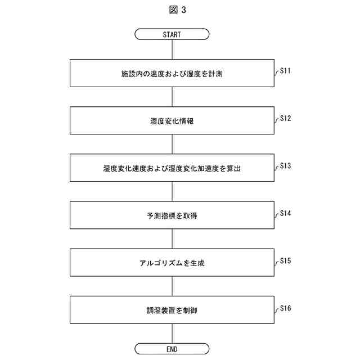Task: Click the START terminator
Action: pyautogui.click(x=172, y=34)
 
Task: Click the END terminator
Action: pyautogui.click(x=172, y=349)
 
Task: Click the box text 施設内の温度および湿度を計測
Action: pyautogui.click(x=172, y=73)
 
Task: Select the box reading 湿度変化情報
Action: pyautogui.click(x=172, y=120)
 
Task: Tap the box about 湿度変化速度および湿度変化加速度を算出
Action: pyautogui.click(x=172, y=168)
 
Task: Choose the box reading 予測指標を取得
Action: pyautogui.click(x=172, y=215)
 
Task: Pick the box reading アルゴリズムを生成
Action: pyautogui.click(x=172, y=263)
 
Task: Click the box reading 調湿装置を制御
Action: pyautogui.click(x=172, y=310)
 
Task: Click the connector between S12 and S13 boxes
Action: pyautogui.click(x=172, y=144)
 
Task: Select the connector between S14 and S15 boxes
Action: pyautogui.click(x=172, y=239)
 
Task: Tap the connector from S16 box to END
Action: pyautogui.click(x=172, y=334)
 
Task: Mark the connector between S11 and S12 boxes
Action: pyautogui.click(x=172, y=97)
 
